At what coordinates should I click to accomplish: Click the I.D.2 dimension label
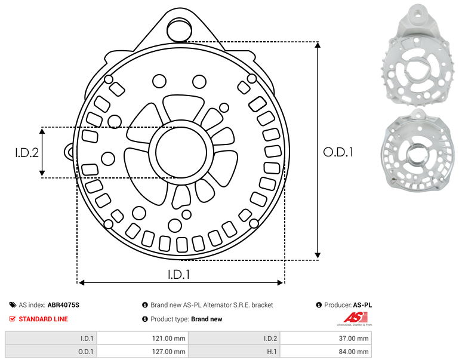click(x=27, y=152)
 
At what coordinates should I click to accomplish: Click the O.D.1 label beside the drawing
click(x=338, y=152)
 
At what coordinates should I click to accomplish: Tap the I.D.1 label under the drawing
click(x=179, y=275)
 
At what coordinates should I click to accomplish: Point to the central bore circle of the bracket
click(x=181, y=152)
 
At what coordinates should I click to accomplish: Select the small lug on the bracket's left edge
click(x=69, y=152)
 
